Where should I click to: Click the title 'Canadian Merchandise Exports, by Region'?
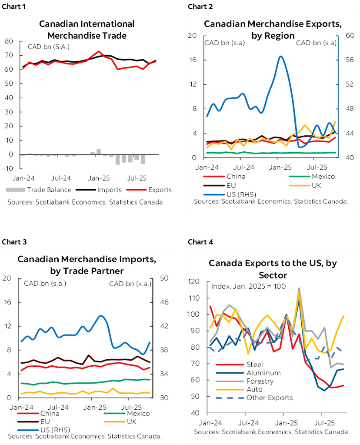(273, 30)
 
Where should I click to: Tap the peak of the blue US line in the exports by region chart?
(281, 57)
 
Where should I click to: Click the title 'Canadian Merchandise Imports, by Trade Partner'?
(87, 265)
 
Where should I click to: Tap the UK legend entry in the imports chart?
(133, 421)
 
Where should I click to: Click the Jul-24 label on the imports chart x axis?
(61, 407)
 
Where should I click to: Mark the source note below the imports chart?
(84, 436)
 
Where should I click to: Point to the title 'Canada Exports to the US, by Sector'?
(273, 269)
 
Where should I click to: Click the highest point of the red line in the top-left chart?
(99, 51)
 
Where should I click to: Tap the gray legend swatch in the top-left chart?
(15, 190)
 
